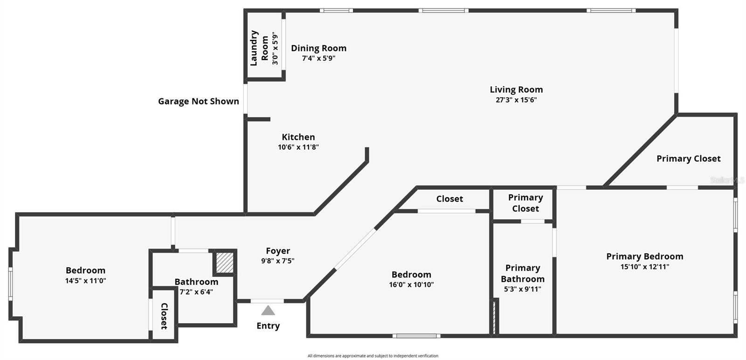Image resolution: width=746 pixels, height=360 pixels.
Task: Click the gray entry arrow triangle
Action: pos(268,311)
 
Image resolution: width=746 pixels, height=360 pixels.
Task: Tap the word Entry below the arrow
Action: pos(268,326)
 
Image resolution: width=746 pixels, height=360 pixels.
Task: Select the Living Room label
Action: pos(516,90)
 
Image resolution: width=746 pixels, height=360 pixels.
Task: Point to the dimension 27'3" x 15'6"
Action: pos(516,100)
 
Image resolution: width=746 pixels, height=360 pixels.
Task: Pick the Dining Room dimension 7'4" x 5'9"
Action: pos(318,58)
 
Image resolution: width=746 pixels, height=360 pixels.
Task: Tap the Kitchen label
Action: pos(298,137)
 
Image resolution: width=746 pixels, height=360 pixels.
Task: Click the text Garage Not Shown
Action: pos(199,102)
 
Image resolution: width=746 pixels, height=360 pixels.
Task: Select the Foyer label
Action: pos(278,251)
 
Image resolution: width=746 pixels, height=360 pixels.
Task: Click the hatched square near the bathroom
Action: pos(224,263)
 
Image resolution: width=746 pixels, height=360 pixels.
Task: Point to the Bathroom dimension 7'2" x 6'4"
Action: pos(196,292)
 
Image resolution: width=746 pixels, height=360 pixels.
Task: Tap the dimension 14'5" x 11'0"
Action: pos(85,281)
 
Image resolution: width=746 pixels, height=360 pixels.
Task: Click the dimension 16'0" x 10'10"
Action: pos(411,284)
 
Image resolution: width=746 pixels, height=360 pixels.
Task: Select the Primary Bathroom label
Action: pos(523,273)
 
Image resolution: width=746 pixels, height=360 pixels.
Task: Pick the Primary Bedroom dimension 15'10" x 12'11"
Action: pos(645,267)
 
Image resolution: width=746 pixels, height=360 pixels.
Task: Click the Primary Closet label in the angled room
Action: pos(688,159)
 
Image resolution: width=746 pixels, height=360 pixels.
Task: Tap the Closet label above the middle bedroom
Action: pos(449,199)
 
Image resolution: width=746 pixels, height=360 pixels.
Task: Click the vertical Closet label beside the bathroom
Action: pos(164,316)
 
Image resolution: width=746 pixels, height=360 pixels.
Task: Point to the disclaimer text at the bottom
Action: pos(373,356)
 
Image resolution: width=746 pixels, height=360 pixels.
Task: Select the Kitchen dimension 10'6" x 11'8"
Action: pos(298,147)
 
